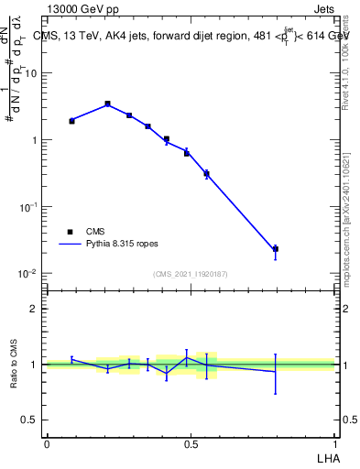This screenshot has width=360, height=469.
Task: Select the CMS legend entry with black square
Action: click(82, 232)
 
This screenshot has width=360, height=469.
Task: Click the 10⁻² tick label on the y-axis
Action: click(29, 274)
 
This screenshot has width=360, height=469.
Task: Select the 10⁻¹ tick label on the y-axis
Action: click(29, 207)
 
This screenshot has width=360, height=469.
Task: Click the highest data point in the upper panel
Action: click(107, 104)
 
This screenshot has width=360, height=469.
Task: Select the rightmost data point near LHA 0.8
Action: click(275, 249)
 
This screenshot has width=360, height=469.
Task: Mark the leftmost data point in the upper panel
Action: click(71, 121)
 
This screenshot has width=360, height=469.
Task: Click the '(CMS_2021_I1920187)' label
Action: click(190, 274)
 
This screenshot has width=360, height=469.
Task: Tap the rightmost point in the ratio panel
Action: click(275, 371)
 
